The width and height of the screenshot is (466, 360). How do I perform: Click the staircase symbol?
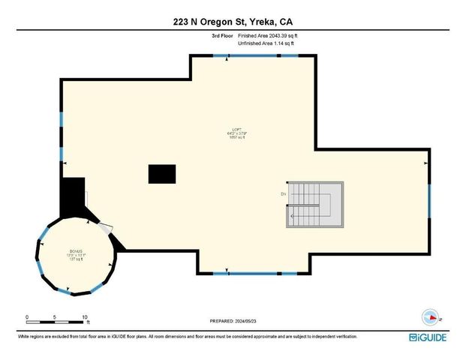click(x=314, y=204)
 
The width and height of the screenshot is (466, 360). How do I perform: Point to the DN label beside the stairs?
click(x=284, y=195)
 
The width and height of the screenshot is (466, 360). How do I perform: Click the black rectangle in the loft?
click(x=162, y=174)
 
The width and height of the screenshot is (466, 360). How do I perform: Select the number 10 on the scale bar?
click(x=85, y=317)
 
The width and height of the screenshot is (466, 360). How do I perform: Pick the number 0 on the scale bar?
click(x=27, y=317)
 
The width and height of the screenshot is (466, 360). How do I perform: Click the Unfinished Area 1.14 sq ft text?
click(x=266, y=43)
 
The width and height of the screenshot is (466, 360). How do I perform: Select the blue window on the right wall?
click(x=429, y=203)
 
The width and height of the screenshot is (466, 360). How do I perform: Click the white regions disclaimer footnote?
click(x=188, y=337)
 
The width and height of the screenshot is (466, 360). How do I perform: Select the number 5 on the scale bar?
click(x=56, y=317)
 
